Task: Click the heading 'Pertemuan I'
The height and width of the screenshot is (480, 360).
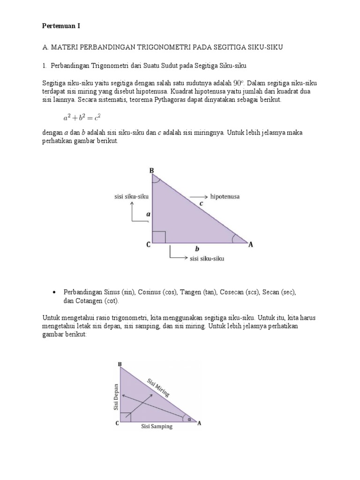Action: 61,26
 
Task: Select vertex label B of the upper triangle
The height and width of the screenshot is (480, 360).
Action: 151,171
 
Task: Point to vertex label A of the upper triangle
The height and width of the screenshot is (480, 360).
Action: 251,244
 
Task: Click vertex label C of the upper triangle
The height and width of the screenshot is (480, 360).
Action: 148,244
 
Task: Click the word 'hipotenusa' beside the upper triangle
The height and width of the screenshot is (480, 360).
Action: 225,197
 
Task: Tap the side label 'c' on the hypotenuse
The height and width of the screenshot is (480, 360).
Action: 201,203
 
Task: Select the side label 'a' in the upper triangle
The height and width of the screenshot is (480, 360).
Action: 148,214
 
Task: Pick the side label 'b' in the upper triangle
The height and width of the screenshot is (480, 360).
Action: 197,249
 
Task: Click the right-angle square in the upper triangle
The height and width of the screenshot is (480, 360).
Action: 159,237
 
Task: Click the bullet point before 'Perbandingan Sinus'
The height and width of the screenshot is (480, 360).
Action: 55,292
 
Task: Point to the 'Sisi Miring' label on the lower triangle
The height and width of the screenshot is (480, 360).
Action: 157,388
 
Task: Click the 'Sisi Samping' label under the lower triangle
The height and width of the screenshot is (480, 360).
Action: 157,427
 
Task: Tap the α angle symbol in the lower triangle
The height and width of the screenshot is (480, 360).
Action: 189,420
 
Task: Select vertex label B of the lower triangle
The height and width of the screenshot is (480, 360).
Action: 120,364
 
